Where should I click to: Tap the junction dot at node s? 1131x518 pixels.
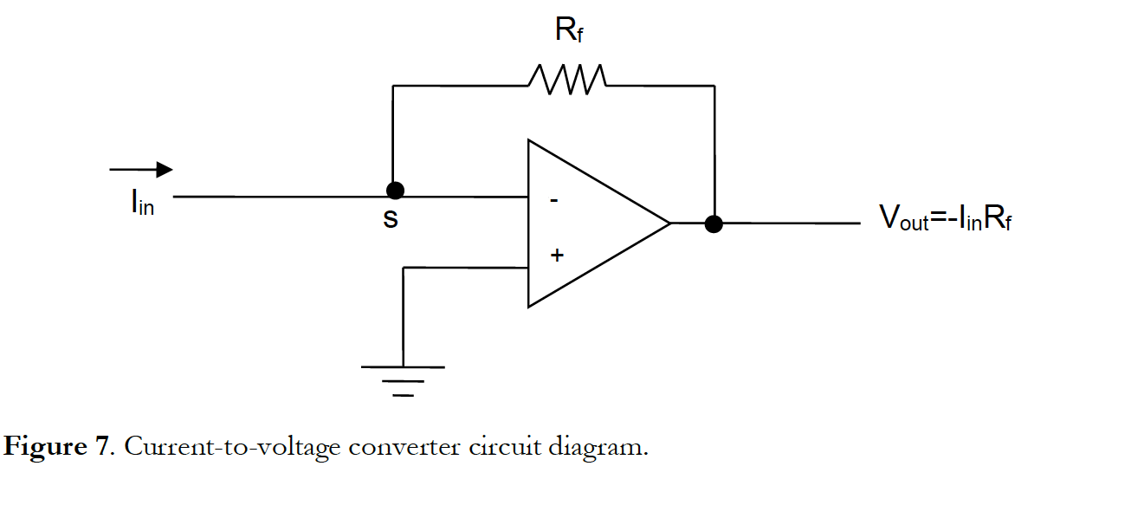coord(395,191)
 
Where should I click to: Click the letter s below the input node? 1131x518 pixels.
coord(391,220)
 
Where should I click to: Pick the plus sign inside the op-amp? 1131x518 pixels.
coord(557,256)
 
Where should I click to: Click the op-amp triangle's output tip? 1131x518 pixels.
coord(669,223)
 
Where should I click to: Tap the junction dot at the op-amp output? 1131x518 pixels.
coord(714,224)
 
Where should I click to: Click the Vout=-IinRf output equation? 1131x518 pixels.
coord(946,218)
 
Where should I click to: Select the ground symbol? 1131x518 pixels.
coord(403,379)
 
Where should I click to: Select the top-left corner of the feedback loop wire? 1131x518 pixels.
coord(393,86)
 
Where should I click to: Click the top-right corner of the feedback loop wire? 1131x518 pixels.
coord(714,86)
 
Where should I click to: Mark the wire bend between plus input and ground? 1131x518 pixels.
coord(404,268)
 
